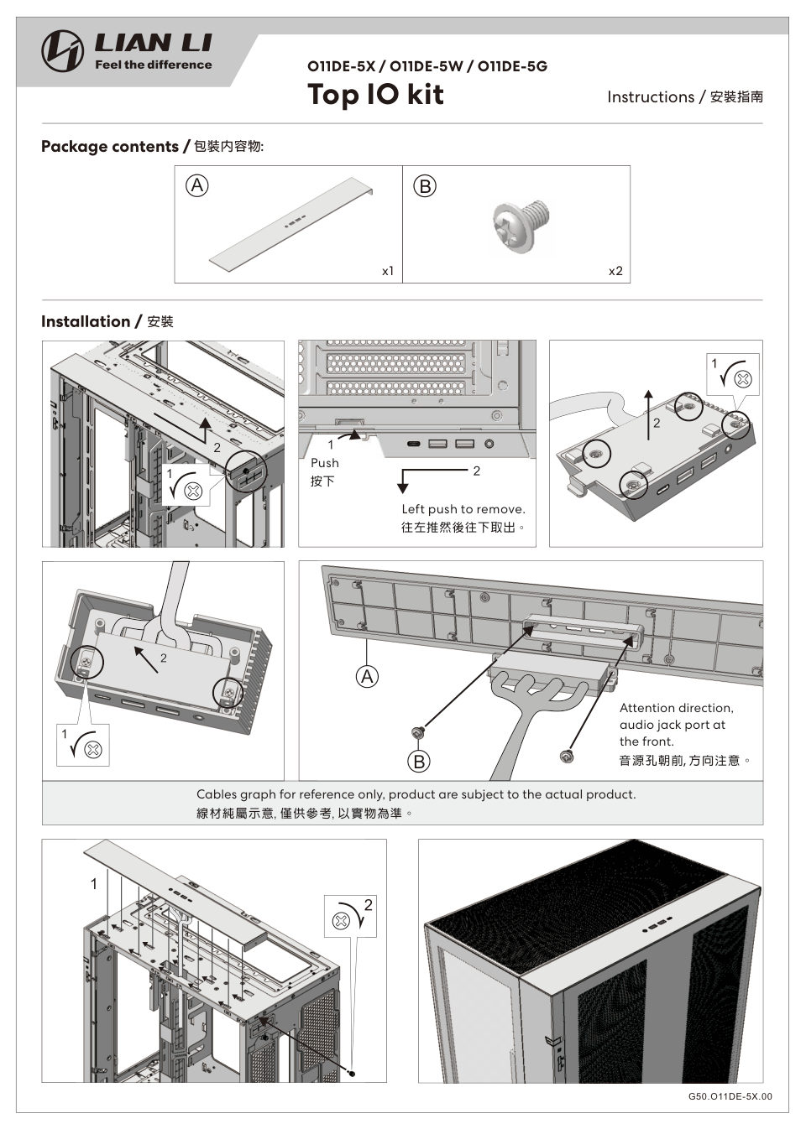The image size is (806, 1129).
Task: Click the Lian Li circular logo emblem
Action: pos(62,51)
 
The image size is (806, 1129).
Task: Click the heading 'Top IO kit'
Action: pos(375,94)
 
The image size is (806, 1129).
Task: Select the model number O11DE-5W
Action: pos(427,66)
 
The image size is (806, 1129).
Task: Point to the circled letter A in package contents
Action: pos(197,185)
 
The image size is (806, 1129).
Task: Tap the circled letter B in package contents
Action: pos(425,186)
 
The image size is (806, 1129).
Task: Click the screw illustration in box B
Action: pos(521,225)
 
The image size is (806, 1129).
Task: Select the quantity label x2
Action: pos(615,271)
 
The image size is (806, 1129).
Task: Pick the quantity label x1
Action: pos(387,271)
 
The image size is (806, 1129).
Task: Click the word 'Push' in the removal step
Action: pos(324,463)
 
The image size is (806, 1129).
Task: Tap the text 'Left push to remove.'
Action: pos(463,509)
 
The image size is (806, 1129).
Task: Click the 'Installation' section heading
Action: pos(86,321)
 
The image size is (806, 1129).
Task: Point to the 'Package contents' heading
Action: pos(110,146)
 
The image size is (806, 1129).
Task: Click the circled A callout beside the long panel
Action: pos(367,676)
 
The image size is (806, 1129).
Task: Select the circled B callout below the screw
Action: pos(419,762)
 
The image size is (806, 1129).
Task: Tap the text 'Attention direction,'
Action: pos(677,708)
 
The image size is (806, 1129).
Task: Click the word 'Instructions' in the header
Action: pos(651,96)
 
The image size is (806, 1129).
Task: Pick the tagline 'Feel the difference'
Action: pos(154,65)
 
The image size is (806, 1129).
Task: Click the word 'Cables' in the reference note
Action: pos(217,794)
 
